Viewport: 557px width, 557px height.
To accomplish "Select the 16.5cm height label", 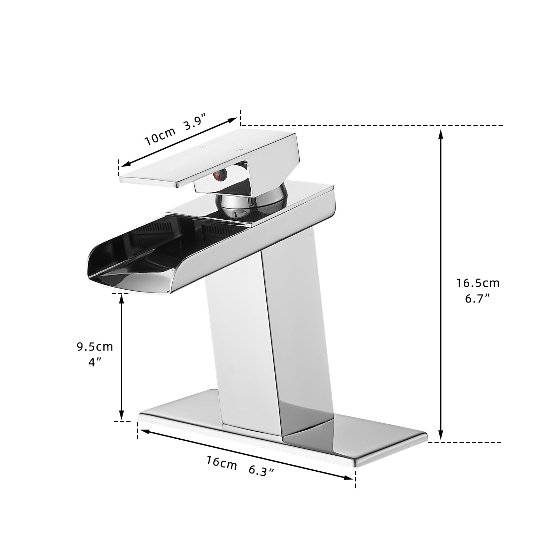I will pyautogui.click(x=478, y=283).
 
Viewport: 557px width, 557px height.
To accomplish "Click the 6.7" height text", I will pyautogui.click(x=478, y=299).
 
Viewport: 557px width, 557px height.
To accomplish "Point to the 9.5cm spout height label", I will pyautogui.click(x=95, y=346).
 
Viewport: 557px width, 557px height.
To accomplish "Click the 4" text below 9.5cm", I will pyautogui.click(x=94, y=362).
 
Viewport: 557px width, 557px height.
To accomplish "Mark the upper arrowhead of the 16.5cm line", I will pyautogui.click(x=441, y=134).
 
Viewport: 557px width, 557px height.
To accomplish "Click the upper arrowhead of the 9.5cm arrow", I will pyautogui.click(x=121, y=298).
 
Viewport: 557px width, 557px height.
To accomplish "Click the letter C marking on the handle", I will pyautogui.click(x=239, y=150).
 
